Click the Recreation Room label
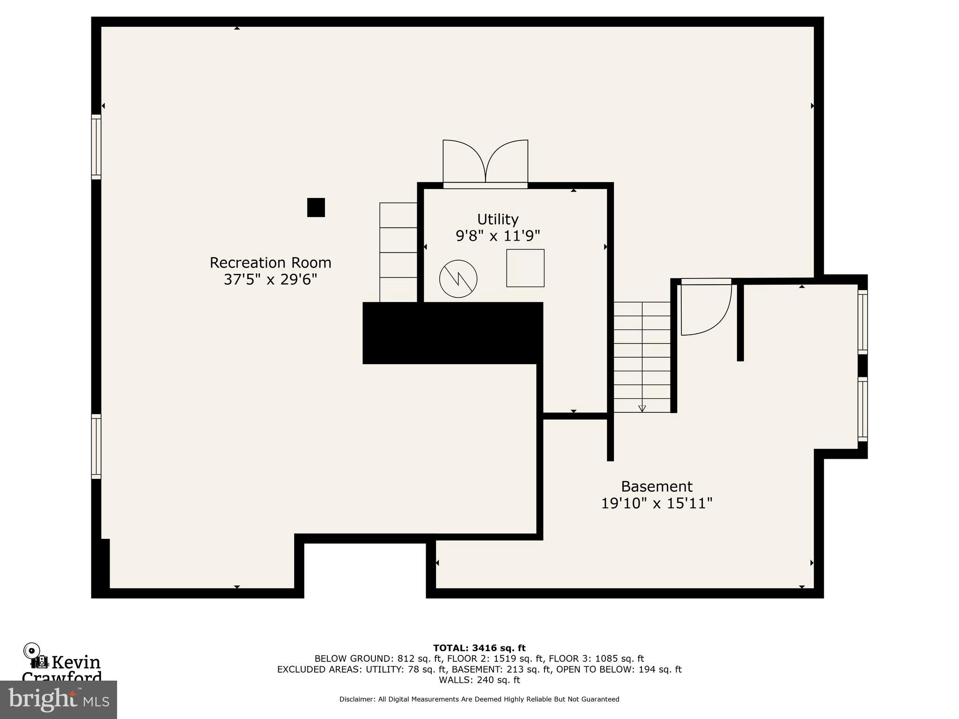[x=270, y=263]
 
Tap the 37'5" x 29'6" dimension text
[x=270, y=279]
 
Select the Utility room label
[x=497, y=219]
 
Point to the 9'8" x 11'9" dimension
[x=497, y=235]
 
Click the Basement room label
[x=657, y=486]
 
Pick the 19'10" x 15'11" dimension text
[x=657, y=503]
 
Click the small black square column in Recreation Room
[x=316, y=207]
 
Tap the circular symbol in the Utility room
[x=458, y=279]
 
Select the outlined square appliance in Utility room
[x=525, y=268]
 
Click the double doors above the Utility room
[x=485, y=162]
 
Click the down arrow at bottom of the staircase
[x=642, y=408]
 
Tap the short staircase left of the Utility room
[x=398, y=252]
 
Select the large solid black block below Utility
[x=452, y=333]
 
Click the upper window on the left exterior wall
[x=96, y=147]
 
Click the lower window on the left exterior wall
[x=96, y=446]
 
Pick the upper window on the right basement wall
[x=862, y=322]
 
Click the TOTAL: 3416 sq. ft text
[x=479, y=648]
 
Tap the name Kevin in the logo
[x=76, y=662]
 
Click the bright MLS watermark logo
[x=59, y=699]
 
